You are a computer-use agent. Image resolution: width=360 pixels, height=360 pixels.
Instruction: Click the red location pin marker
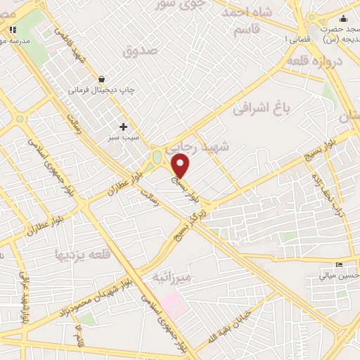pyautogui.click(x=181, y=166)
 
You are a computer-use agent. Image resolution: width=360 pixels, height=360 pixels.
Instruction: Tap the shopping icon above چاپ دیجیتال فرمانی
pyautogui.click(x=103, y=79)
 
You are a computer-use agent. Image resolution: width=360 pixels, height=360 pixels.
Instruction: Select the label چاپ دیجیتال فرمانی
pyautogui.click(x=101, y=91)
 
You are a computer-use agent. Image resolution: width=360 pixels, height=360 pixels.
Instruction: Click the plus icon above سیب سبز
pyautogui.click(x=124, y=127)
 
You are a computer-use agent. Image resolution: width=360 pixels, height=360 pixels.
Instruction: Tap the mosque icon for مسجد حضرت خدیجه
pyautogui.click(x=343, y=19)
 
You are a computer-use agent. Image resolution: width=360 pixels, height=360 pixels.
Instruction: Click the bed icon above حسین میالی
pyautogui.click(x=340, y=265)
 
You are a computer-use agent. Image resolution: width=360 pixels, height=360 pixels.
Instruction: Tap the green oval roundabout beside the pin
pyautogui.click(x=156, y=156)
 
